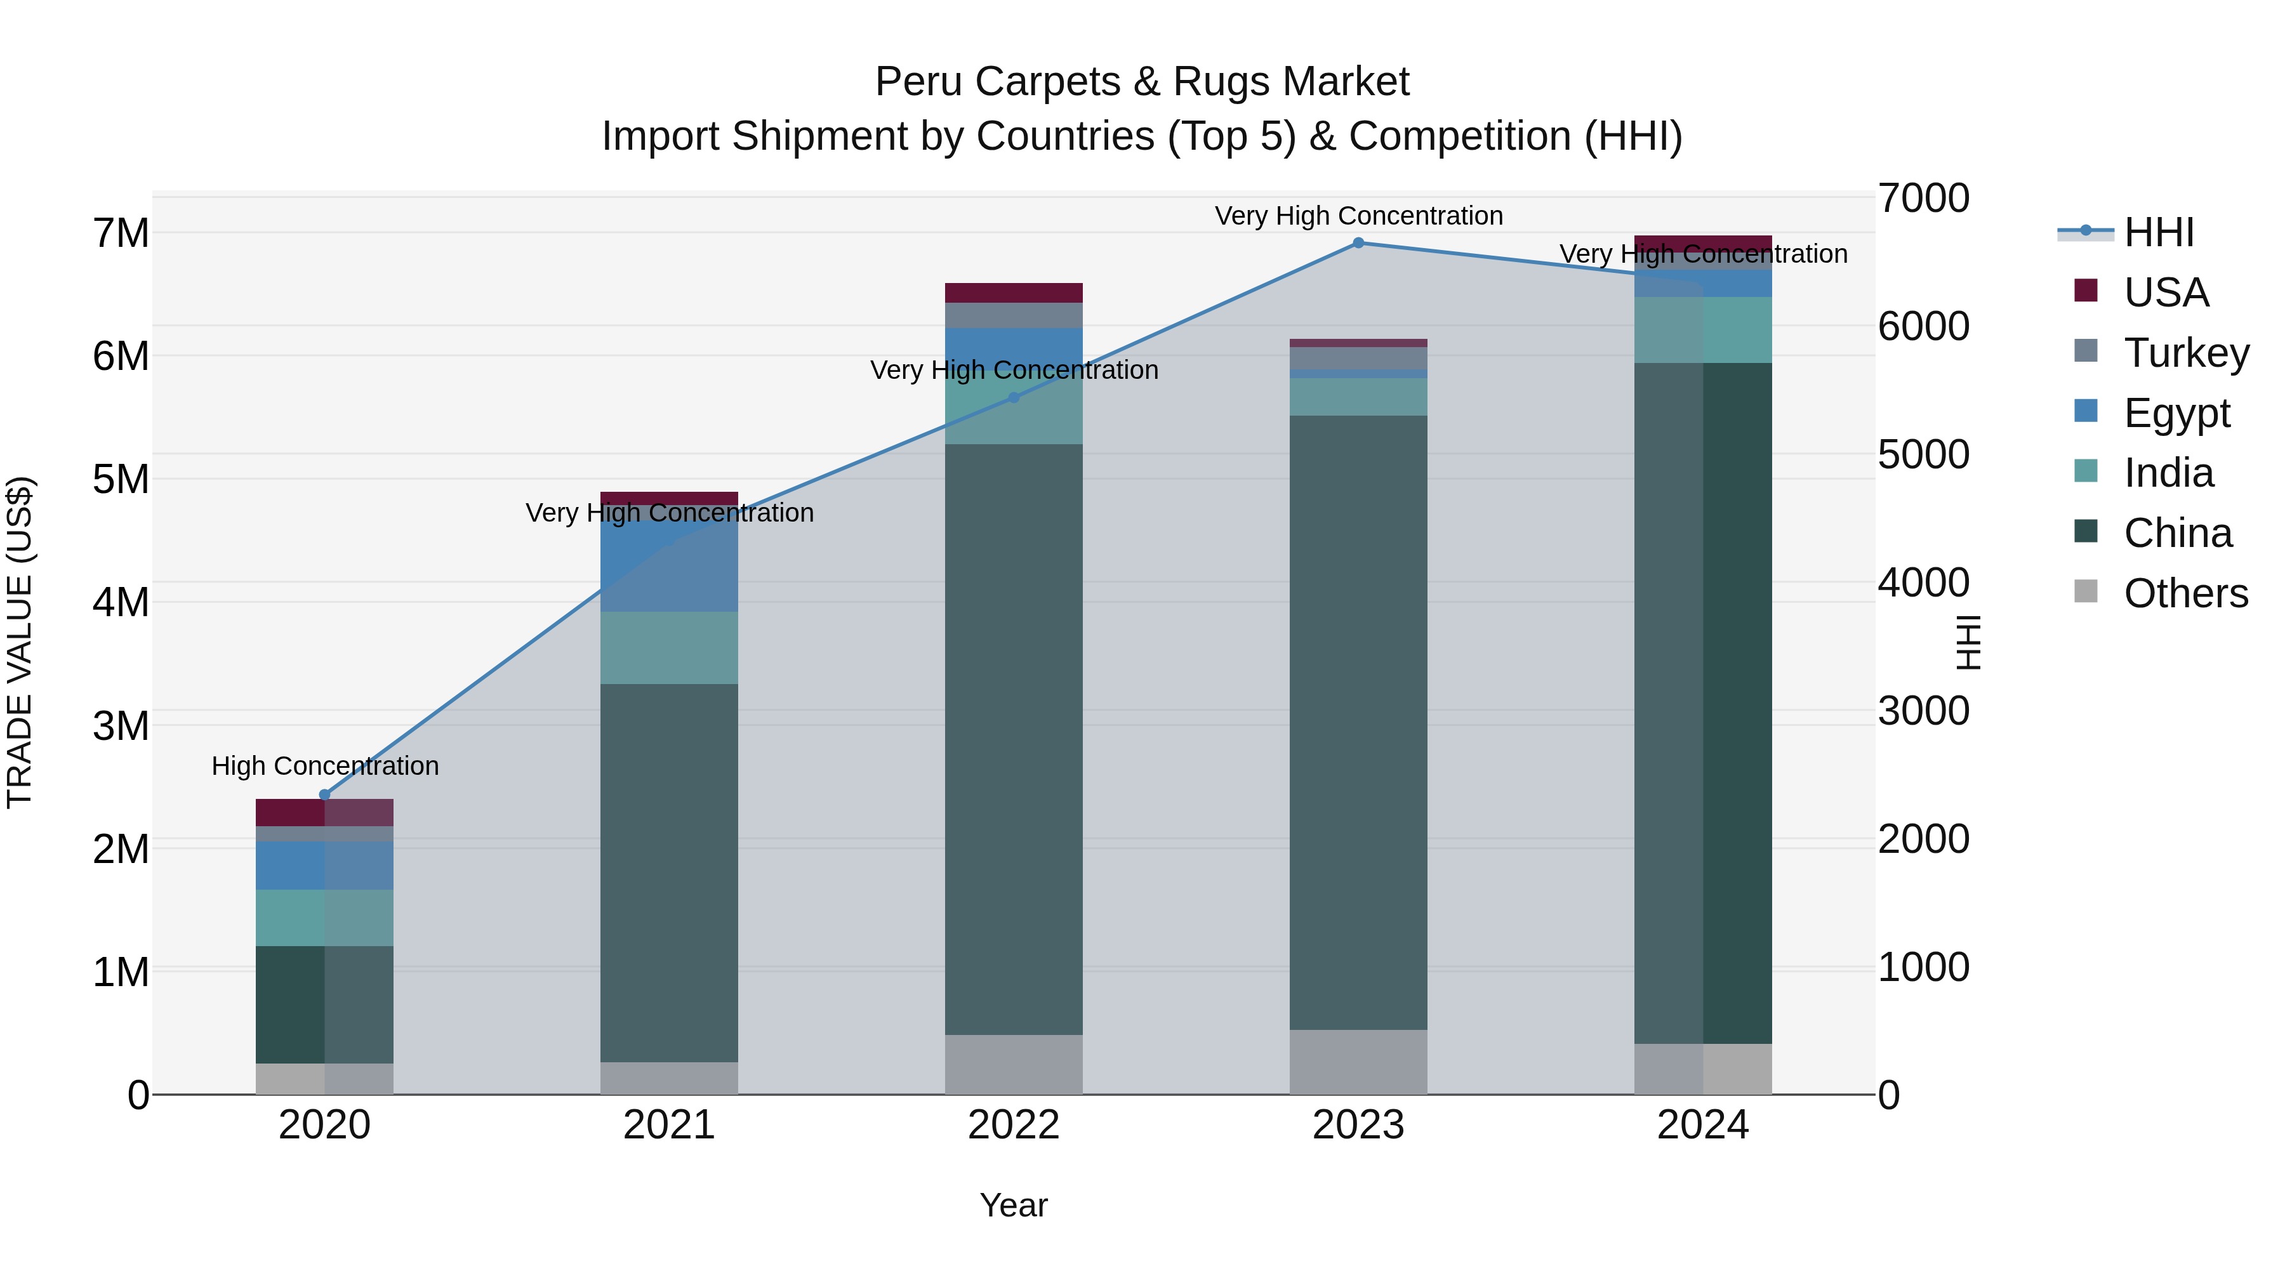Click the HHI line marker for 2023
click(x=1358, y=243)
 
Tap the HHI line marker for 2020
click(x=324, y=794)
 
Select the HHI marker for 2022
click(x=1014, y=398)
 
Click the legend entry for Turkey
click(x=2185, y=353)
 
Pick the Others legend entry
click(x=2185, y=593)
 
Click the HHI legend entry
click(x=2158, y=232)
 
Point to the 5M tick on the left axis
click(x=121, y=480)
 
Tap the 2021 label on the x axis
click(x=669, y=1125)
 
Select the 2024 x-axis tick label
click(x=1702, y=1125)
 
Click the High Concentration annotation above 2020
click(x=324, y=765)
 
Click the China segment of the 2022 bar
click(x=1014, y=736)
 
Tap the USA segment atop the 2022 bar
click(x=1014, y=293)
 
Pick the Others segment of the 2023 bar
click(x=1358, y=1062)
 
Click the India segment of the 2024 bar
click(x=1702, y=330)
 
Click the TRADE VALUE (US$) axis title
click(x=20, y=642)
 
